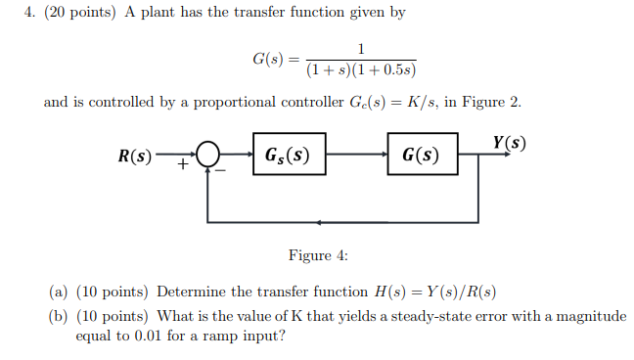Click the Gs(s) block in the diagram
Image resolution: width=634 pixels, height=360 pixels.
289,155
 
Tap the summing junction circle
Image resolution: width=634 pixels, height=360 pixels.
207,155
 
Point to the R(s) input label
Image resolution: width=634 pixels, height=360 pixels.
135,156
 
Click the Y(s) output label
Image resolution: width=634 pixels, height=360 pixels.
509,141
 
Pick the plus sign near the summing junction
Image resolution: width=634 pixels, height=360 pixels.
182,165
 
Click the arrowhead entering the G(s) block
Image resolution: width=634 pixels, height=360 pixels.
382,155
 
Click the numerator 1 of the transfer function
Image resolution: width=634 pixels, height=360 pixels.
361,49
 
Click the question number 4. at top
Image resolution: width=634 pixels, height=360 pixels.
30,13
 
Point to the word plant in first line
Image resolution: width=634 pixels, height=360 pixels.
161,13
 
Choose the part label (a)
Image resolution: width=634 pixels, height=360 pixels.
59,292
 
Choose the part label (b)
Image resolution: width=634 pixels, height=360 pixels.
59,316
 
